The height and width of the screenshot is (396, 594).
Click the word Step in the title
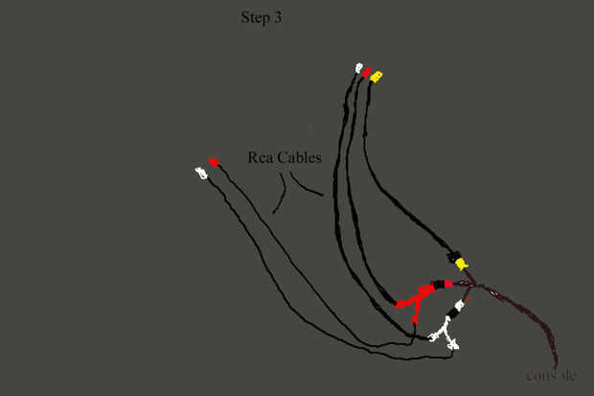tap(253, 17)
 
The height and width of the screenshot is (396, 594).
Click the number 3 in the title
tap(279, 17)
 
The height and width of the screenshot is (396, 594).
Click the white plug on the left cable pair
tap(200, 173)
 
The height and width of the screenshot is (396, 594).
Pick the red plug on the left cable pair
tap(215, 162)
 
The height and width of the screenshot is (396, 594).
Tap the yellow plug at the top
tap(377, 75)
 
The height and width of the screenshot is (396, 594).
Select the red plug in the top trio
tap(366, 72)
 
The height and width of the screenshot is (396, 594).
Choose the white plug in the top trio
tap(358, 69)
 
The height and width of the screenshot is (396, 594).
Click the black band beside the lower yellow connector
tap(452, 255)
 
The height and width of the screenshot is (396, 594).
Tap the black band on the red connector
tap(442, 284)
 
